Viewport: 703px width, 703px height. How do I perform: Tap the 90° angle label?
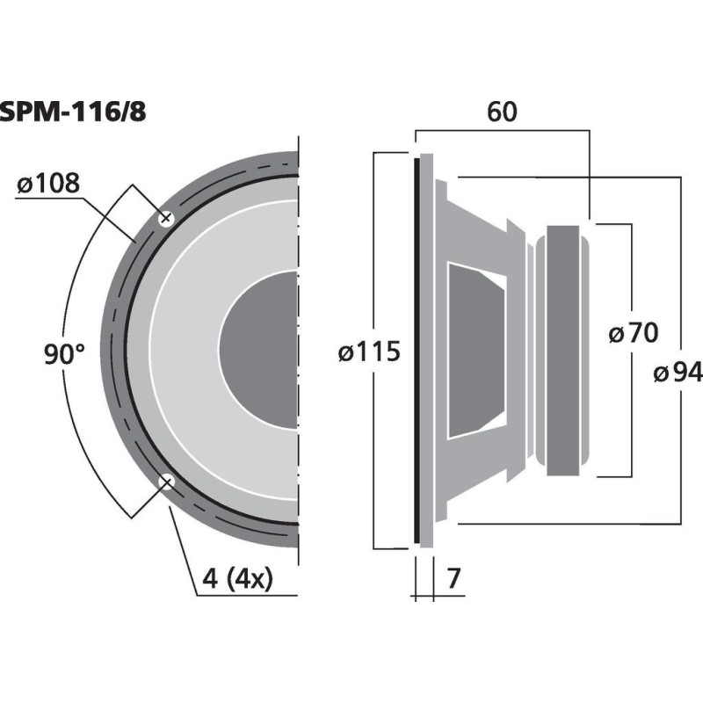[64, 354]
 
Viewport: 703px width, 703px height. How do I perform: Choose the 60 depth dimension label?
[501, 112]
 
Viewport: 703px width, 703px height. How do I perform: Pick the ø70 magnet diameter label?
[633, 333]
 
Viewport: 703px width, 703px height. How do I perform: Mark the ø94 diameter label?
[678, 373]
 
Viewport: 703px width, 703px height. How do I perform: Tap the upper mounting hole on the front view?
[165, 219]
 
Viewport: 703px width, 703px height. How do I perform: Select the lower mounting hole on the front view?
[164, 481]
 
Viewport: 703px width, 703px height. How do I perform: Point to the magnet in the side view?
[563, 351]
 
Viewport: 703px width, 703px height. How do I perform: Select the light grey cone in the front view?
[185, 351]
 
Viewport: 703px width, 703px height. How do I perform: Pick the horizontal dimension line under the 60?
[501, 131]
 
